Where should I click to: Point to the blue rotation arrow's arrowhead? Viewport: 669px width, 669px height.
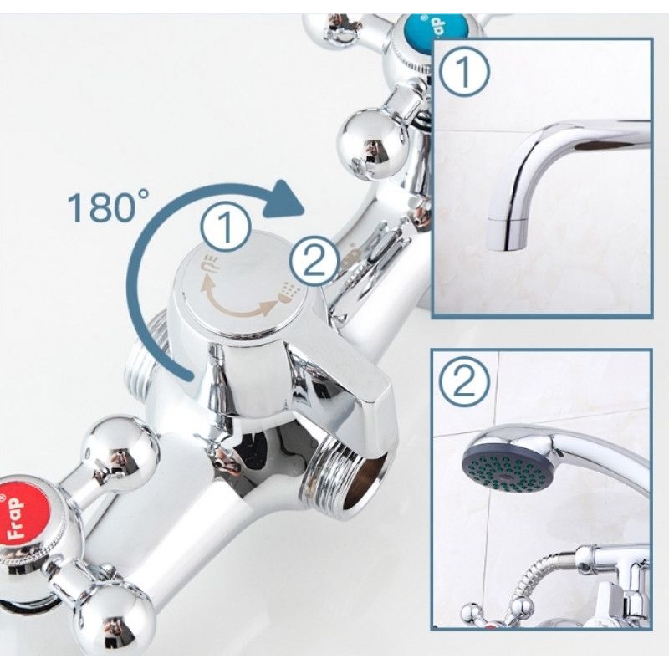point(283,201)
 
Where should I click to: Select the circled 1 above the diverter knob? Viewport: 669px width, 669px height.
point(225,227)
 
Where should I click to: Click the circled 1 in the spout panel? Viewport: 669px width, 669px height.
point(464,72)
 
